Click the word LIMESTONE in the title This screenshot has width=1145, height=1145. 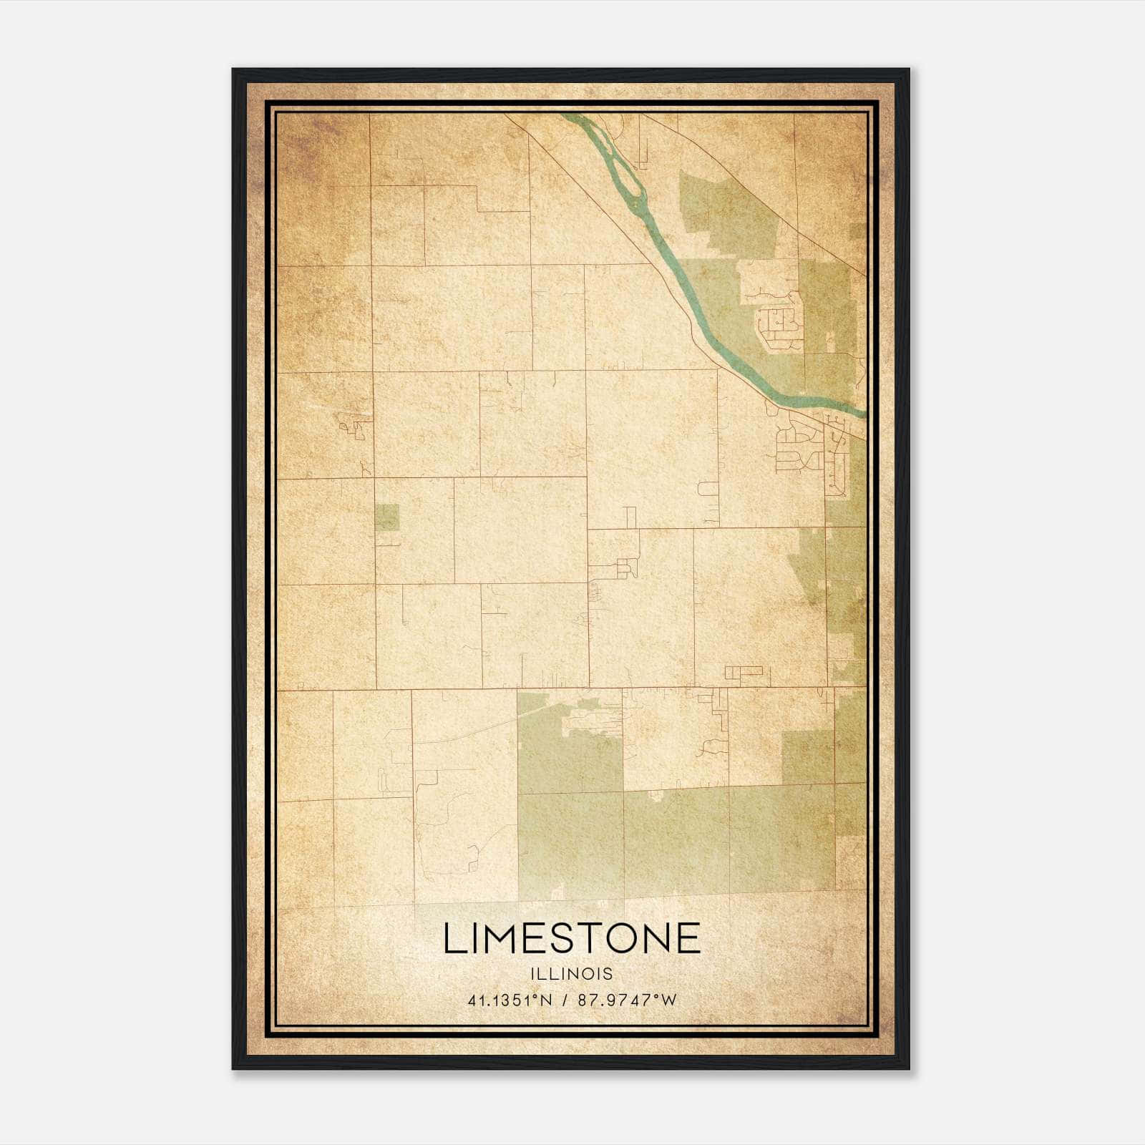point(572,938)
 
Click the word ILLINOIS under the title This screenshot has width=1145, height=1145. point(572,974)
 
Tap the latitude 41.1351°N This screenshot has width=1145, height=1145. point(510,1000)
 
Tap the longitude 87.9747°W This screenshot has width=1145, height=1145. point(627,1000)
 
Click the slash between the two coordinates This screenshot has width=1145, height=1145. point(565,1000)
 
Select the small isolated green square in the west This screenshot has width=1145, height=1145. point(387,517)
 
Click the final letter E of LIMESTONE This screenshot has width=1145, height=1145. point(688,938)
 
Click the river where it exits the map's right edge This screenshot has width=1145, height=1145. point(862,412)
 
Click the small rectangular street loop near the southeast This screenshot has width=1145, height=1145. point(744,672)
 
